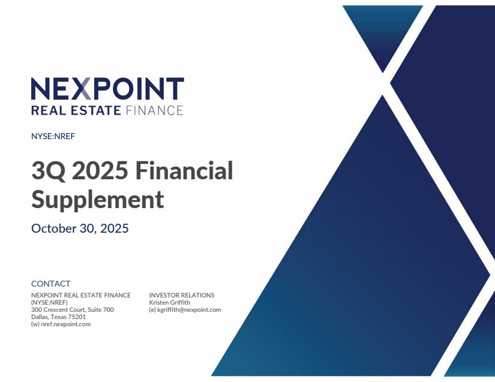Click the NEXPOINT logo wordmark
click(107, 89)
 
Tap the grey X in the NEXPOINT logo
click(83, 89)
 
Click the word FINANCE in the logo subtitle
click(154, 110)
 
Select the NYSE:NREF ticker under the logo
click(53, 136)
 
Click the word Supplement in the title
click(98, 200)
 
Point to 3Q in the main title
click(49, 171)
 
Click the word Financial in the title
click(184, 170)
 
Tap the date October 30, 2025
click(80, 228)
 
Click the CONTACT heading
click(51, 284)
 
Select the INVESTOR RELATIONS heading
click(182, 295)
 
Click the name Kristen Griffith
click(170, 302)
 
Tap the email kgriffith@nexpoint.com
click(189, 310)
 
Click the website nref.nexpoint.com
click(65, 324)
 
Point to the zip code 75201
click(77, 317)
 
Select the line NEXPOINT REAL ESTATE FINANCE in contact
click(81, 295)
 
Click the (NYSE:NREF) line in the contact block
click(49, 302)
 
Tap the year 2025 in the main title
click(100, 171)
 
